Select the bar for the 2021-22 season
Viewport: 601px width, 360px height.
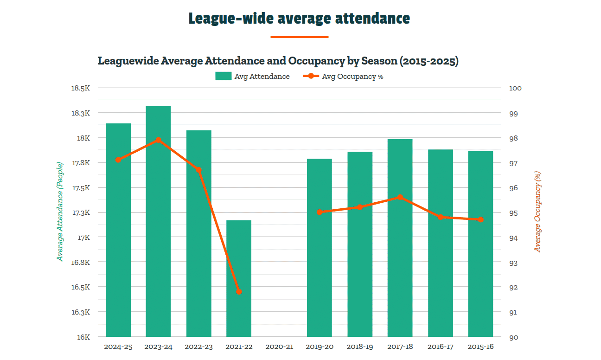(239, 278)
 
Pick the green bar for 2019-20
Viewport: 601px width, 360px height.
(320, 248)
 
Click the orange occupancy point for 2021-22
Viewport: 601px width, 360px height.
(239, 292)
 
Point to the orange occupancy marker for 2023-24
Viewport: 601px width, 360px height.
(158, 140)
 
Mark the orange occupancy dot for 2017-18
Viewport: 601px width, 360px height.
(400, 198)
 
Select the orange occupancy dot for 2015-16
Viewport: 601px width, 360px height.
(480, 220)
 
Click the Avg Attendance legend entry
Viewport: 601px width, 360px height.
(253, 77)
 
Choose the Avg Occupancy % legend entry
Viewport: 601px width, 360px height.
(343, 77)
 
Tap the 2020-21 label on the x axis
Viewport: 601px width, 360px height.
(279, 347)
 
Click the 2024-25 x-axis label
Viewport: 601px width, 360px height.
(118, 347)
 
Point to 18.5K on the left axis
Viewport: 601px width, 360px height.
(81, 88)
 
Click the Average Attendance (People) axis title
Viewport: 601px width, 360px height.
(60, 212)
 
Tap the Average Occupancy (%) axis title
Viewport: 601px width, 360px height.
(537, 212)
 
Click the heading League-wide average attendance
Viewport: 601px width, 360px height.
(299, 19)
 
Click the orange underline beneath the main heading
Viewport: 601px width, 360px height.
(299, 37)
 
